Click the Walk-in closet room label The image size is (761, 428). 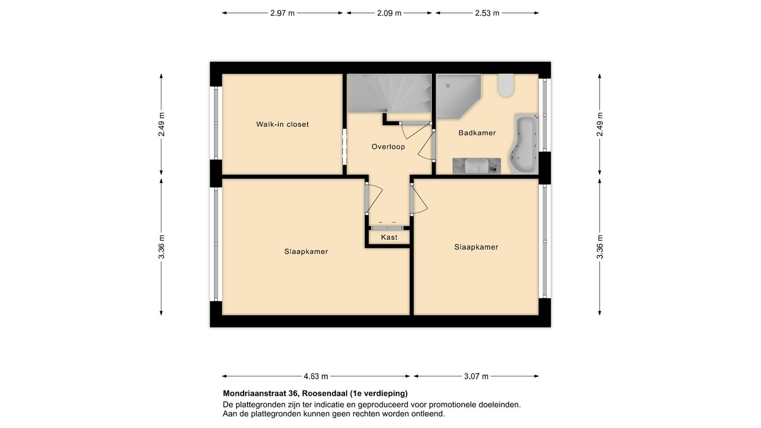pyautogui.click(x=282, y=125)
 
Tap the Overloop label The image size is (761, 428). pyautogui.click(x=388, y=147)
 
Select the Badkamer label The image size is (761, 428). pyautogui.click(x=477, y=133)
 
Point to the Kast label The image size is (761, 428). pyautogui.click(x=389, y=238)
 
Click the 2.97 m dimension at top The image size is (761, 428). pyautogui.click(x=282, y=13)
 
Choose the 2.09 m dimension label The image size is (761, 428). pyautogui.click(x=389, y=13)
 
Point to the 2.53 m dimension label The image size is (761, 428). pyautogui.click(x=487, y=13)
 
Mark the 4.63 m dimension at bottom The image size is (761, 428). pyautogui.click(x=315, y=377)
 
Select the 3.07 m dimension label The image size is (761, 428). pyautogui.click(x=476, y=377)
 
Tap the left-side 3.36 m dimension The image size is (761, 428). pyautogui.click(x=162, y=247)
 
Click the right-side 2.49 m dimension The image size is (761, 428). pyautogui.click(x=600, y=124)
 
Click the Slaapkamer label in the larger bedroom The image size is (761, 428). pyautogui.click(x=306, y=252)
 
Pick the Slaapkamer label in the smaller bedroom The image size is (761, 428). pyautogui.click(x=476, y=247)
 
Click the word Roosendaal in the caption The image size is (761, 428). pyautogui.click(x=324, y=394)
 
